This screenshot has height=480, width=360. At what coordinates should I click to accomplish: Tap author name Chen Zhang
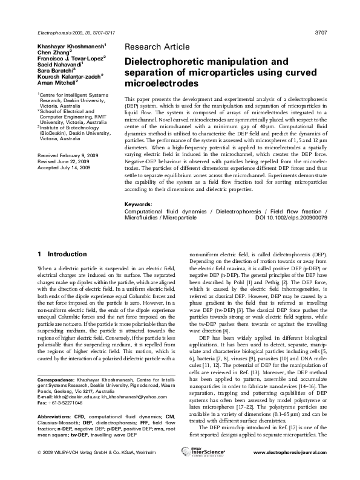pyautogui.click(x=54, y=52)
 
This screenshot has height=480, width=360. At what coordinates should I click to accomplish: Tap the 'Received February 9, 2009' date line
pyautogui.click(x=68, y=155)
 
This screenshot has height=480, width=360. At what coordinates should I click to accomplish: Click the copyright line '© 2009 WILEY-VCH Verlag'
pyautogui.click(x=73, y=469)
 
